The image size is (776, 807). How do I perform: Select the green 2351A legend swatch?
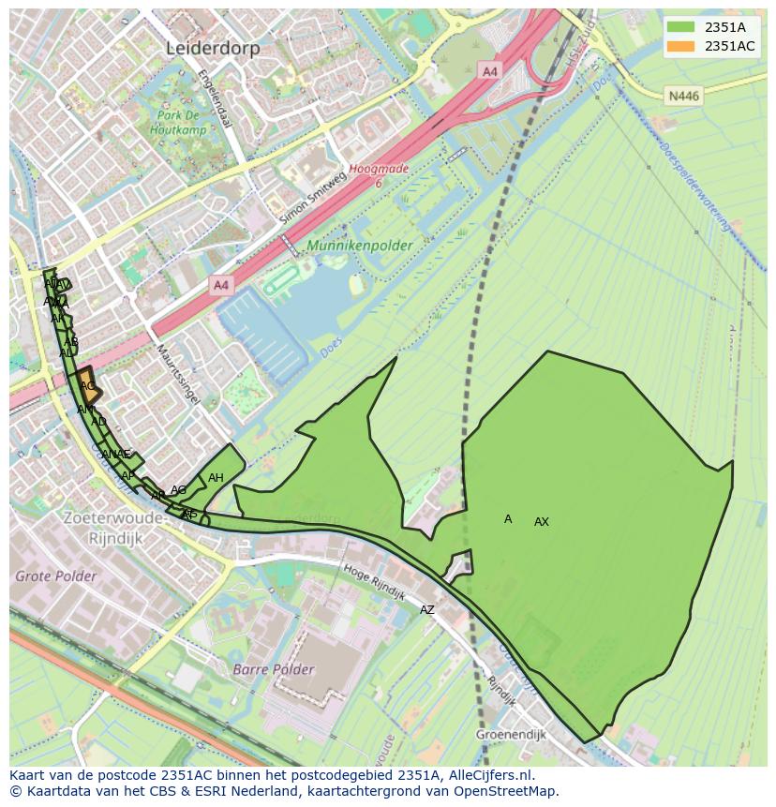(681, 26)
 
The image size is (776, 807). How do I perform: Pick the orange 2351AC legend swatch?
(681, 46)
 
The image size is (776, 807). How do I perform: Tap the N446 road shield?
(683, 96)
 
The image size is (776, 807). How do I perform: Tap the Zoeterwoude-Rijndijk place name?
(114, 529)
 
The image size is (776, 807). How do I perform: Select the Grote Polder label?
(55, 575)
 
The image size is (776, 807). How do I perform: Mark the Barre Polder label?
(273, 669)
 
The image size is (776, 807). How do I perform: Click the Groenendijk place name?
(510, 735)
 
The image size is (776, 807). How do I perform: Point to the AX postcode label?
(542, 522)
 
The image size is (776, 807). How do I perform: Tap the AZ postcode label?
(427, 610)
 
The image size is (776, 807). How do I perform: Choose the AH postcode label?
(216, 478)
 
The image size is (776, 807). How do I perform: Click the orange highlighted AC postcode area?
(87, 385)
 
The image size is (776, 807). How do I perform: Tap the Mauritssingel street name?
(177, 374)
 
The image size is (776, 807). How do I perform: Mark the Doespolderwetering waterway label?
(694, 187)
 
